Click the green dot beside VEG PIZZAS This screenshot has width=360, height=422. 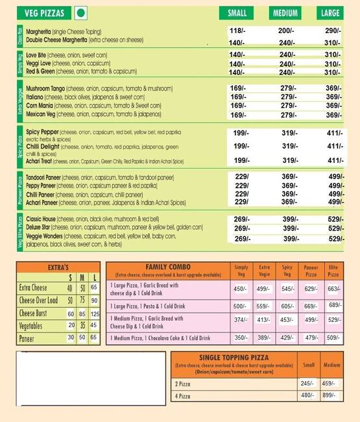pyautogui.click(x=81, y=12)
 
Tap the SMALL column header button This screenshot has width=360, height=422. pyautogui.click(x=237, y=13)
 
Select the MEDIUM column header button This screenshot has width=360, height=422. pyautogui.click(x=285, y=13)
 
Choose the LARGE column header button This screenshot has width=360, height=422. pyautogui.click(x=331, y=13)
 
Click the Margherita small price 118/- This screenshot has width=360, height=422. pyautogui.click(x=237, y=31)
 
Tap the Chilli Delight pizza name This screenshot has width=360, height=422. pyautogui.click(x=46, y=146)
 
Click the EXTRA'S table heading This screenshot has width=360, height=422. pyautogui.click(x=58, y=267)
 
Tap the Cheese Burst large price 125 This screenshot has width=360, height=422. pyautogui.click(x=95, y=314)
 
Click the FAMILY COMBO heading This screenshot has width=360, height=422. pyautogui.click(x=167, y=267)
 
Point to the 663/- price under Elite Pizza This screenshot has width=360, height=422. pyautogui.click(x=333, y=289)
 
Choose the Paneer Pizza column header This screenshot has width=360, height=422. pyautogui.click(x=311, y=270)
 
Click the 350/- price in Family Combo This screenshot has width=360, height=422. pyautogui.click(x=241, y=338)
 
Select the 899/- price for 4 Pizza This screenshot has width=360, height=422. pyautogui.click(x=330, y=395)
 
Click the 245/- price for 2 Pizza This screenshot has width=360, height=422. pyautogui.click(x=307, y=383)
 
